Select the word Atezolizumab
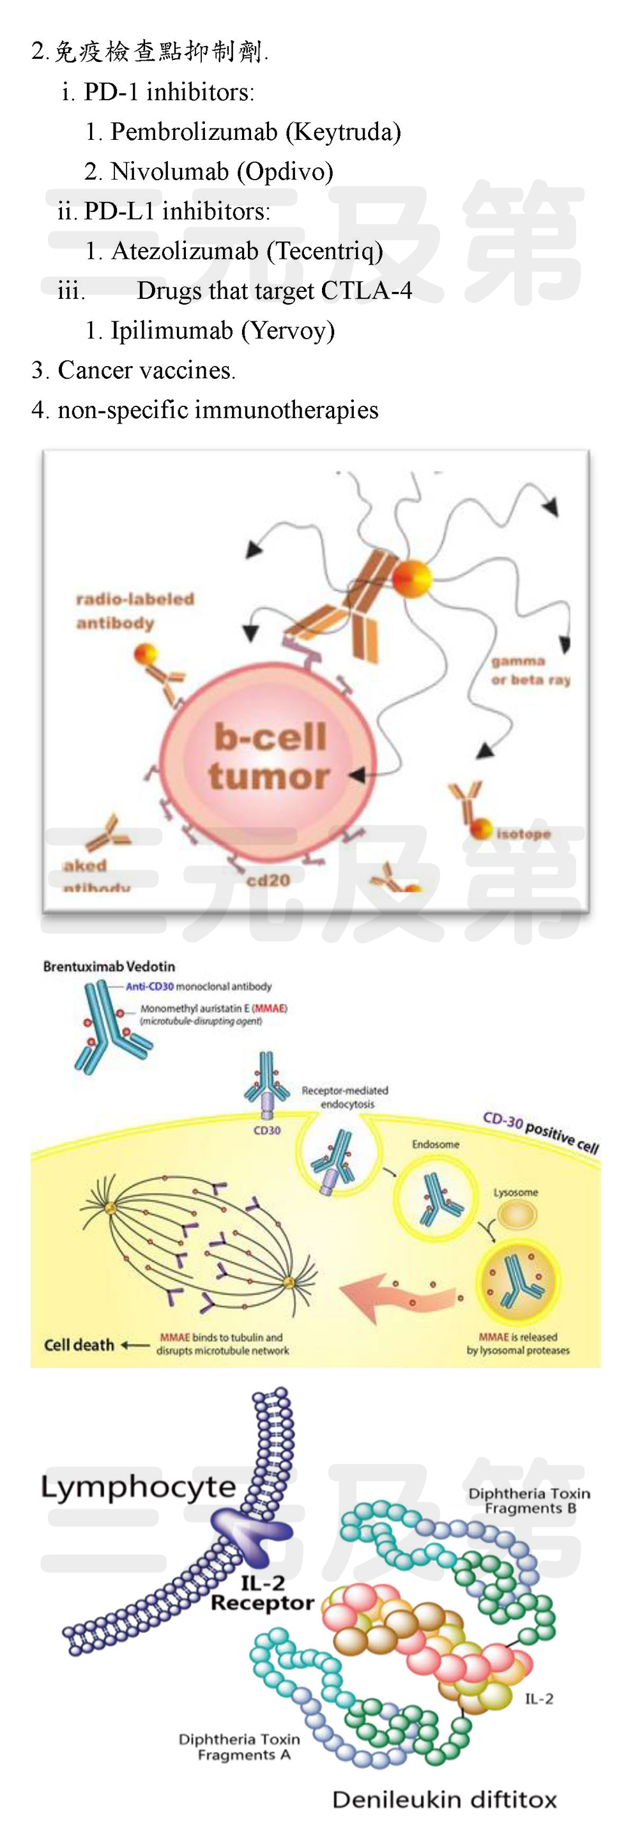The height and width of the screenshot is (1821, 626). (185, 251)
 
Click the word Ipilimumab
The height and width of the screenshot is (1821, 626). (172, 330)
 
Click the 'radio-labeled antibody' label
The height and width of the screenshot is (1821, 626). (134, 611)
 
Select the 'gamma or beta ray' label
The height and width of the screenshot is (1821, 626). (531, 670)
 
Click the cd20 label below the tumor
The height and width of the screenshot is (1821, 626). (268, 880)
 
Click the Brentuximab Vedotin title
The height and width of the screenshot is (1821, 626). (109, 966)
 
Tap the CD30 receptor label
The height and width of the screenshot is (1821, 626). (267, 1130)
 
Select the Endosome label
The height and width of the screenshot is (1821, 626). (435, 1144)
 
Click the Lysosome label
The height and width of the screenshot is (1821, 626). (515, 1192)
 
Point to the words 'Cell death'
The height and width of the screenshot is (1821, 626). (79, 1344)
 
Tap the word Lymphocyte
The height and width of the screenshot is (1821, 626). (139, 1487)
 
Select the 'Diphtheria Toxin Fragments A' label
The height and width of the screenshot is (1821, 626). (239, 1747)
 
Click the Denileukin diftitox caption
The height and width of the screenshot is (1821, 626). (445, 1800)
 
